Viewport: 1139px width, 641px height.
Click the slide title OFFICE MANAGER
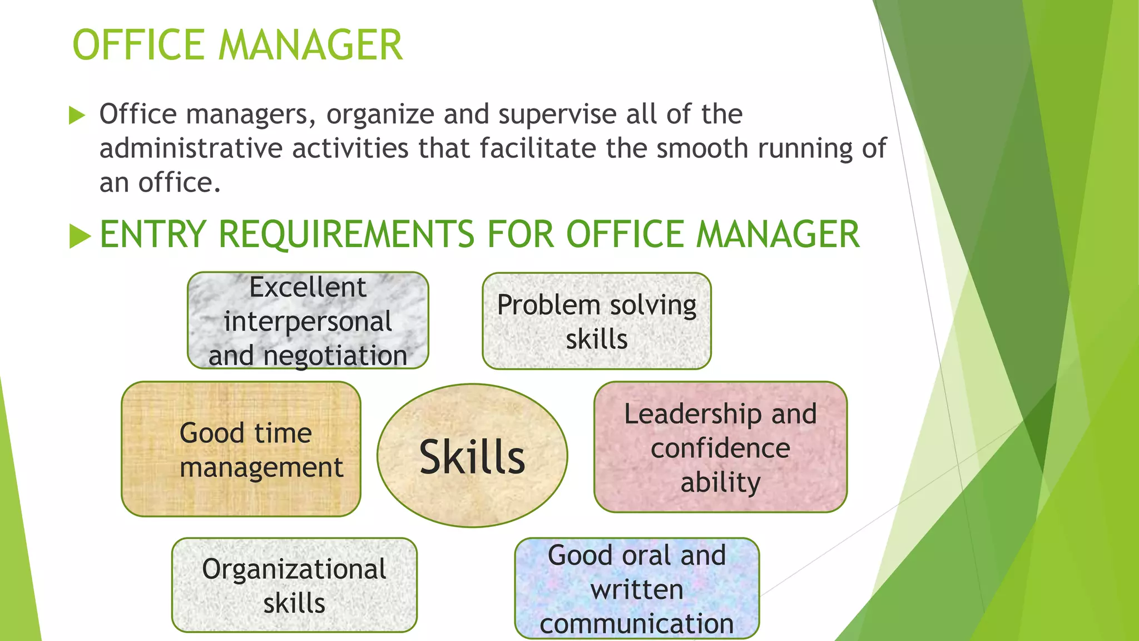[x=237, y=45]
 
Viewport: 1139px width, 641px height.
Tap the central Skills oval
[x=472, y=456]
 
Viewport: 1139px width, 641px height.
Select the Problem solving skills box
[x=597, y=321]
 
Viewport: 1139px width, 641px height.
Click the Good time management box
[x=241, y=449]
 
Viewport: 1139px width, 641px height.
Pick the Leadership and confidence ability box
[x=720, y=447]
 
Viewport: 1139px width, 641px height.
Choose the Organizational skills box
[x=294, y=585]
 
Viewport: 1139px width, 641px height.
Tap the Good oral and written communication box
[x=637, y=588]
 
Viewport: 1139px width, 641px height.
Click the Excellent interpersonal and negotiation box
[x=308, y=320]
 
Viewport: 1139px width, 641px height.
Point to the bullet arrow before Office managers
[x=77, y=116]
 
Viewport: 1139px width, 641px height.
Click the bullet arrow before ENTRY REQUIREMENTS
[x=80, y=236]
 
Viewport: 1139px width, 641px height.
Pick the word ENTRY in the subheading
[x=153, y=234]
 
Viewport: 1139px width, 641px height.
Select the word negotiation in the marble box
[x=335, y=356]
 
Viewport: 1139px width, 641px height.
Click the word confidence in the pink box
[x=720, y=448]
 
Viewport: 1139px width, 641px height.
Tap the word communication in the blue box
[x=637, y=624]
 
